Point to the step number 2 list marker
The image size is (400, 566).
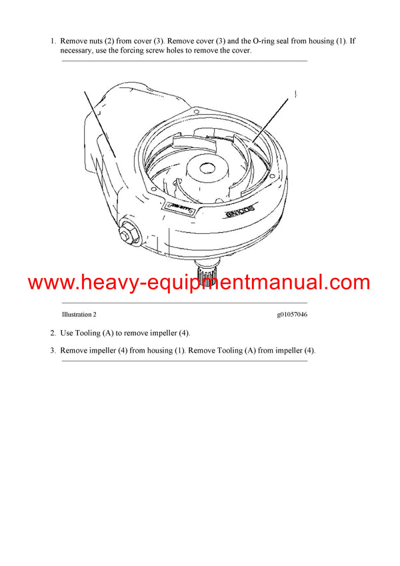53,333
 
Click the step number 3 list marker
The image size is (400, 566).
53,351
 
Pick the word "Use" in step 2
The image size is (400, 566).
67,333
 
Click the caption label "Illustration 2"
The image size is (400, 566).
79,315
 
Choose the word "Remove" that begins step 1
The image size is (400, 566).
73,41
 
